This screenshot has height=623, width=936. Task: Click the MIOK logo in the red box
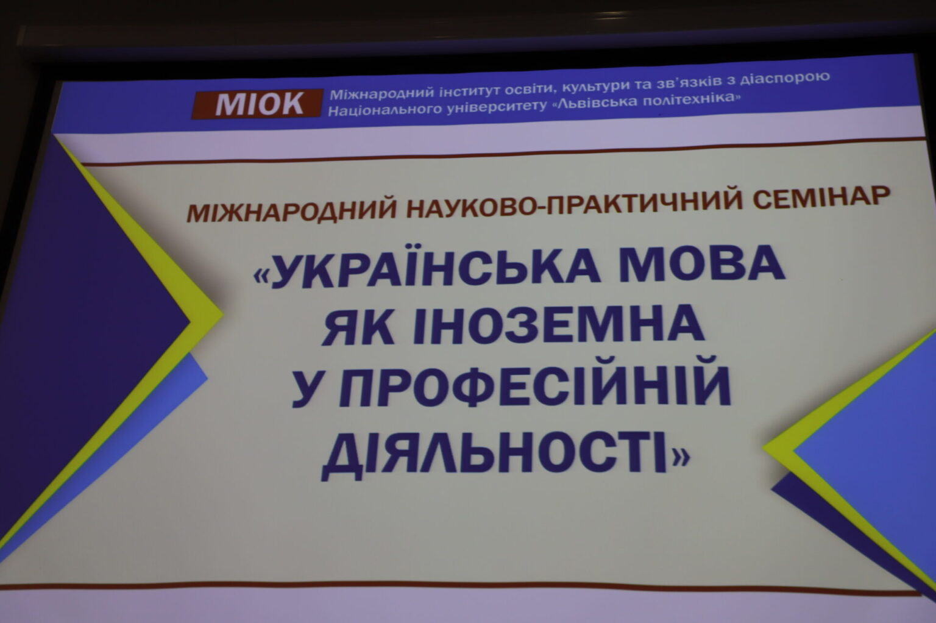pos(257,104)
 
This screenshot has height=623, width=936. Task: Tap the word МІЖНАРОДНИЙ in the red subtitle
pos(291,211)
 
